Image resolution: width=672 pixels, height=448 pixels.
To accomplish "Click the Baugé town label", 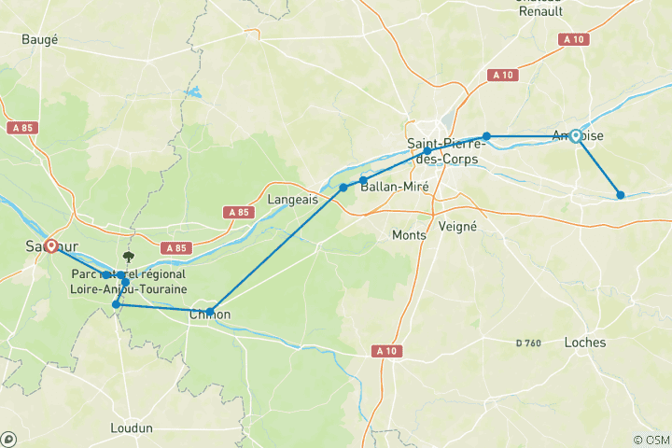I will click(x=40, y=39).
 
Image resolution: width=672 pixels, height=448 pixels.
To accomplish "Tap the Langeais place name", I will click(x=293, y=200).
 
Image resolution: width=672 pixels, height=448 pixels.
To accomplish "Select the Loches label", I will click(x=585, y=343).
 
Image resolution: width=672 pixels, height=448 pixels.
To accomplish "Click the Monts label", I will click(x=411, y=235).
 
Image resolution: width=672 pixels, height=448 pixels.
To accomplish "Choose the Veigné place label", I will click(x=457, y=226).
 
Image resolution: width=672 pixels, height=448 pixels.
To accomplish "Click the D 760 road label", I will click(x=529, y=343).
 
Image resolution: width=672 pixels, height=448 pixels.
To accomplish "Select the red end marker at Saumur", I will click(x=50, y=246).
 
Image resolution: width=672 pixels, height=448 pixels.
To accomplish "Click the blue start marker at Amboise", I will click(x=576, y=136).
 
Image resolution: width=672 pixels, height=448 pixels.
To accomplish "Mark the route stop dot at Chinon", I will click(x=210, y=312).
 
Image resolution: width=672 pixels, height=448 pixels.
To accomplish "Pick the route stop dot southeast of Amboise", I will click(x=621, y=195).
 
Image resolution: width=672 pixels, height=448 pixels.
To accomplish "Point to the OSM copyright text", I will click(x=651, y=439).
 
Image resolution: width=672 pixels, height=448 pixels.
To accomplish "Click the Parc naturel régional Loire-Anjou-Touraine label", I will click(x=128, y=282).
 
